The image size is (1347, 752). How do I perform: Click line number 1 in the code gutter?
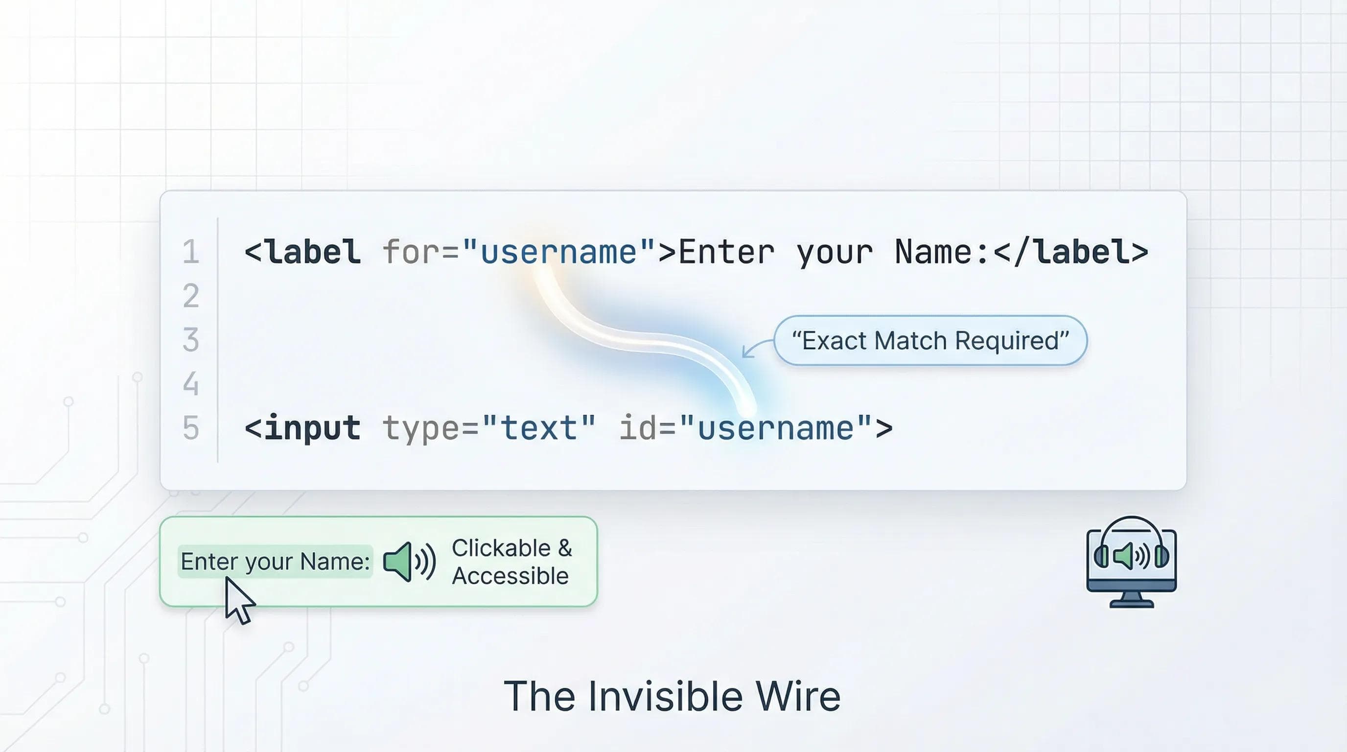[191, 252]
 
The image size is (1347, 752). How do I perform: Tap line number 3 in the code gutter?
[191, 339]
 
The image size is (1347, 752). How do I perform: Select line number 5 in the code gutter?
[191, 428]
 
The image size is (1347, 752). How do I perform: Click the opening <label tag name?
[302, 252]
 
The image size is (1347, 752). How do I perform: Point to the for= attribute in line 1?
[421, 252]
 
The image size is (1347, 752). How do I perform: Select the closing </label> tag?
[1070, 252]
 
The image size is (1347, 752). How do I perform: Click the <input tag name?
[302, 428]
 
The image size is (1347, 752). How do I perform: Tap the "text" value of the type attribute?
[538, 428]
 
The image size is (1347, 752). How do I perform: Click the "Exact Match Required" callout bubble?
[930, 340]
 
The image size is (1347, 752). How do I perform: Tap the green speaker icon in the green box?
[409, 562]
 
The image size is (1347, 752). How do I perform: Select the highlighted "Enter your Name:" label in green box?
[276, 562]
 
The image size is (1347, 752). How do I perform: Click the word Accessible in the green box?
[510, 576]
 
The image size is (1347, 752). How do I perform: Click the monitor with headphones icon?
[1132, 562]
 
